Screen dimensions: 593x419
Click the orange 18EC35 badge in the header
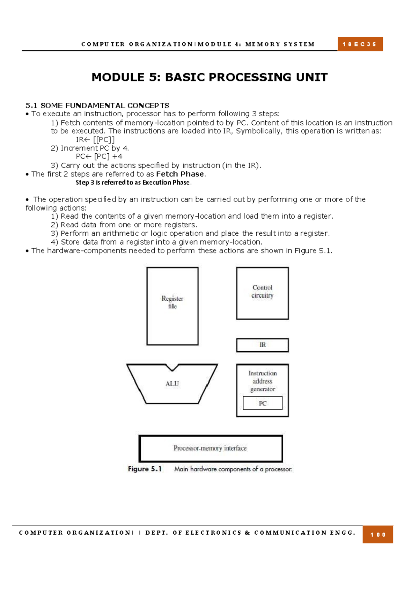360,44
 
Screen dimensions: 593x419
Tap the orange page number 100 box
377,534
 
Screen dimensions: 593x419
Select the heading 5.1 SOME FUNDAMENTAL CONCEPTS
97,105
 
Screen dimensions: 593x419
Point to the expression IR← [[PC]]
95,140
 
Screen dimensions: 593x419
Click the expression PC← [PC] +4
99,156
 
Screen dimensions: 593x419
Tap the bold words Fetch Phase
180,174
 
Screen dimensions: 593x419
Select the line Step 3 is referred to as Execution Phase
133,182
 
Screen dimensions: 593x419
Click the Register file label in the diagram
172,302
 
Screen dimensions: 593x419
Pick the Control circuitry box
262,293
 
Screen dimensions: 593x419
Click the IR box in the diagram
262,345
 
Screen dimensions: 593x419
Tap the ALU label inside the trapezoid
172,384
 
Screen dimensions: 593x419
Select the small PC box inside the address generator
263,403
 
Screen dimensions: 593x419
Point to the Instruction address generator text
263,381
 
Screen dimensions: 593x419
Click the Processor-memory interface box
211,448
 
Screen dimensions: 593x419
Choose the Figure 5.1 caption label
145,469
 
